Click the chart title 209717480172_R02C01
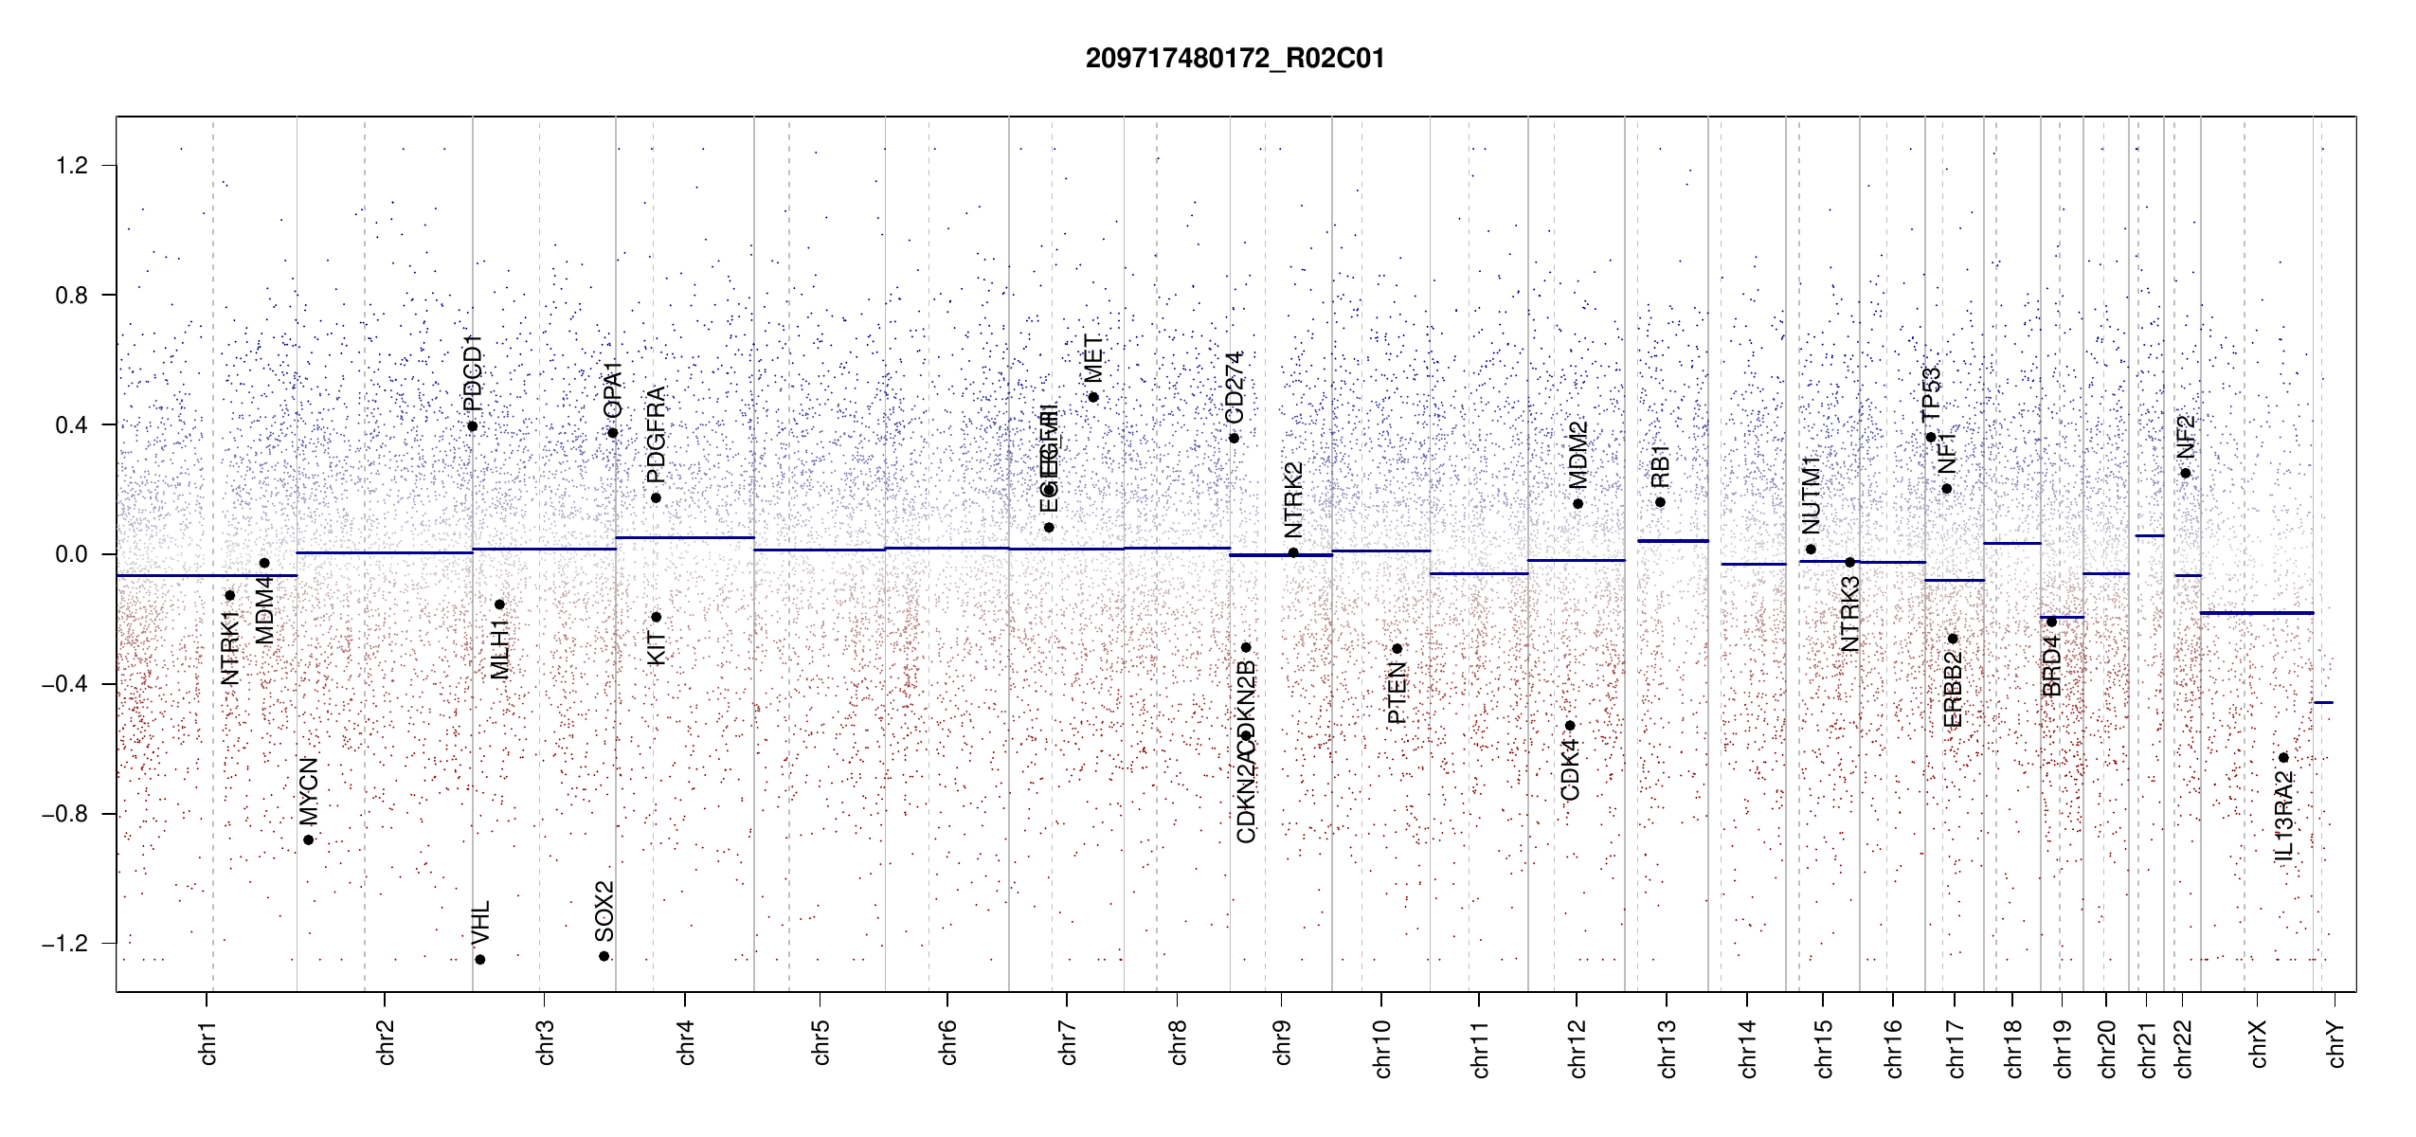click(1235, 59)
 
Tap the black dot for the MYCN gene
click(309, 839)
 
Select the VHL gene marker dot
click(480, 960)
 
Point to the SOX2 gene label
click(604, 911)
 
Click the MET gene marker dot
click(1093, 397)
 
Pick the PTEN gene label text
click(1397, 694)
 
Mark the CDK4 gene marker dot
click(1570, 726)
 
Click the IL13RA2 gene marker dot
click(2283, 758)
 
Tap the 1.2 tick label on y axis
click(71, 166)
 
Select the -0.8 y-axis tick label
click(65, 814)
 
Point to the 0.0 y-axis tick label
click(71, 554)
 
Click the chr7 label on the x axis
click(1068, 1042)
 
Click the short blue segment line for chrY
click(2323, 702)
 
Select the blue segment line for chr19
click(2062, 617)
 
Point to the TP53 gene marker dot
click(1931, 437)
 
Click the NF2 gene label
click(2186, 436)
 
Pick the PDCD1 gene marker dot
click(473, 426)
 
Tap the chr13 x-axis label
click(1668, 1048)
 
